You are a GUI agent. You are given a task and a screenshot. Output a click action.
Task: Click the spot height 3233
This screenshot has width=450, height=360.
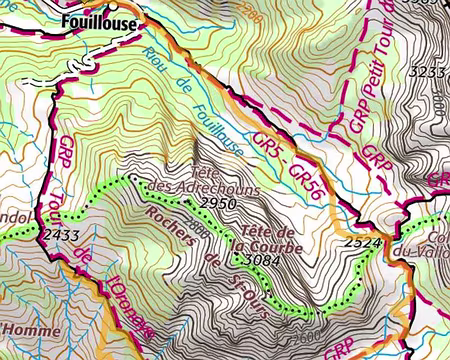tap(427, 72)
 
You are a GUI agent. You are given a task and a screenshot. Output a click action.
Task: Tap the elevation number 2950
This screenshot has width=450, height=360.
tap(220, 203)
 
